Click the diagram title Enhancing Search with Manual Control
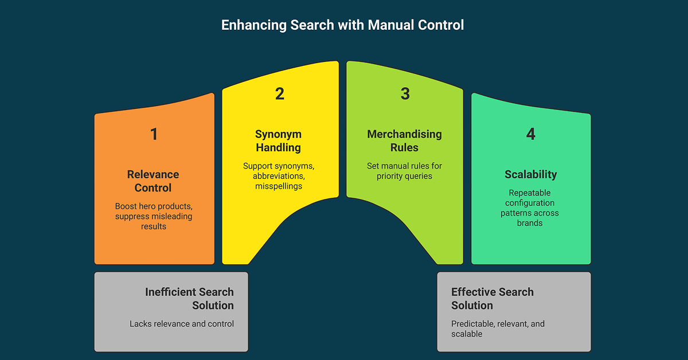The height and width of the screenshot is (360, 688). point(342,25)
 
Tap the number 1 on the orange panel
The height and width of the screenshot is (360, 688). point(154,134)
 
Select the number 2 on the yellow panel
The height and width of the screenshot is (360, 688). point(279,94)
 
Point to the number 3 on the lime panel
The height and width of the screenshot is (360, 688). point(405,94)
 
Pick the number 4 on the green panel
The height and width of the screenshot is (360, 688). point(530,134)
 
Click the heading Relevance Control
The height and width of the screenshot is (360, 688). point(153,181)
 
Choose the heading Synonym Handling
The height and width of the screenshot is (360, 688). point(278,141)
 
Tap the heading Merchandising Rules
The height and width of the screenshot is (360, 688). point(404,141)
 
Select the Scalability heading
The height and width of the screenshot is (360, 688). point(530,174)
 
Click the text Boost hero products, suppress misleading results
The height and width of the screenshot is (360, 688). point(153,216)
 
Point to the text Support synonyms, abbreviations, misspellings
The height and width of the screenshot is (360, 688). point(278,176)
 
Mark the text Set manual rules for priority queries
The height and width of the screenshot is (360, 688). point(404,171)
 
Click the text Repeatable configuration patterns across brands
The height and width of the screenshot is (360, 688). point(530,208)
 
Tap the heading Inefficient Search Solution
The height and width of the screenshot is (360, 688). point(189,299)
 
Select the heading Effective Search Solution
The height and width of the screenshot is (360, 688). point(492,299)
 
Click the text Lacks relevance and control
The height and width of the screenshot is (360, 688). point(182,324)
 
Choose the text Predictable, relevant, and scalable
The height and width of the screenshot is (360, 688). point(498,328)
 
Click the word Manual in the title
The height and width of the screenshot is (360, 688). point(392,25)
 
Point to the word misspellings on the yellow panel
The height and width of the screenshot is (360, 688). point(278,186)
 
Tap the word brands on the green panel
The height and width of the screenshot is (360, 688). point(530,223)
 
